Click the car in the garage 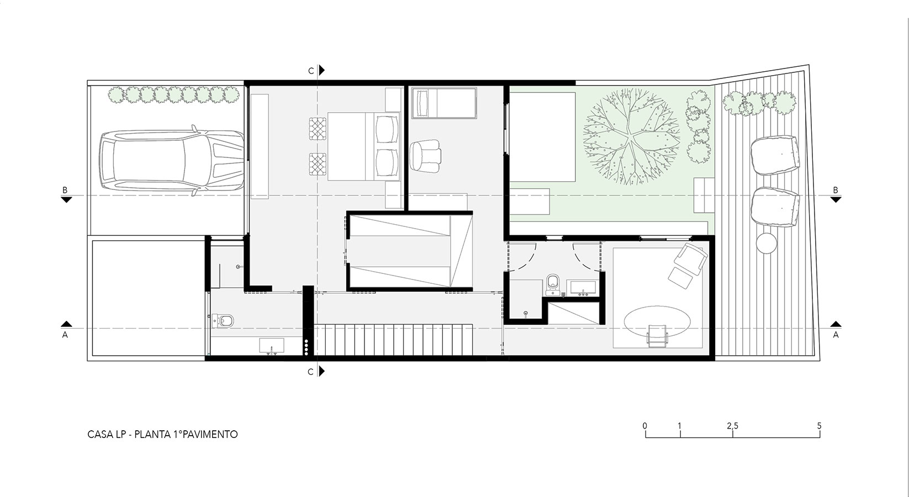(172, 161)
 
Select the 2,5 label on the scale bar (732, 426)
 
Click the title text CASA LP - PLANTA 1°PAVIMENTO (162, 435)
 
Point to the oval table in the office (657, 322)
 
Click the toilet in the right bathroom (553, 285)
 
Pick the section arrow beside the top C (322, 70)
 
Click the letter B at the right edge (836, 190)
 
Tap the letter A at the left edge (65, 335)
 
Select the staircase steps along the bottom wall (393, 340)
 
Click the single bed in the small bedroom (444, 103)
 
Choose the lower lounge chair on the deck (775, 207)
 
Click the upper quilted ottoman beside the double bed (318, 128)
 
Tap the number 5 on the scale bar (820, 426)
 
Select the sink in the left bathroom (272, 346)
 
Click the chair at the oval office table (657, 336)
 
